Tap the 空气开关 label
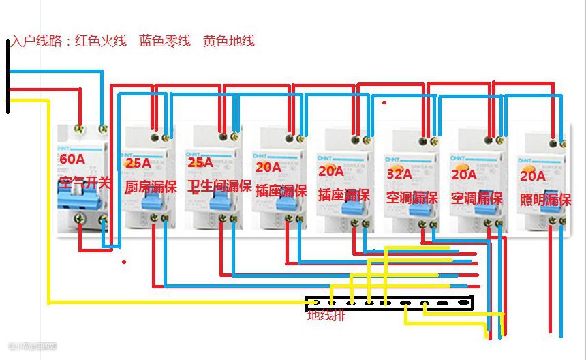pyautogui.click(x=84, y=183)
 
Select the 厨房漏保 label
pyautogui.click(x=150, y=186)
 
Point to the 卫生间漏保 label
pyautogui.click(x=219, y=186)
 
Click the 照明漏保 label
pyautogui.click(x=545, y=200)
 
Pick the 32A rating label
pyautogui.click(x=399, y=174)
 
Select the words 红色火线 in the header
pyautogui.click(x=101, y=41)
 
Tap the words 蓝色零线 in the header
pyautogui.click(x=165, y=41)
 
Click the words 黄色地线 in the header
pyautogui.click(x=229, y=41)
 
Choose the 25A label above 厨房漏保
pyautogui.click(x=140, y=163)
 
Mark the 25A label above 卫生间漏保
pyautogui.click(x=200, y=162)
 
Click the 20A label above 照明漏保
pyautogui.click(x=533, y=176)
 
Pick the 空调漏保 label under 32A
pyautogui.click(x=412, y=198)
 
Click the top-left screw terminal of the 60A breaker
pyautogui.click(x=80, y=127)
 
